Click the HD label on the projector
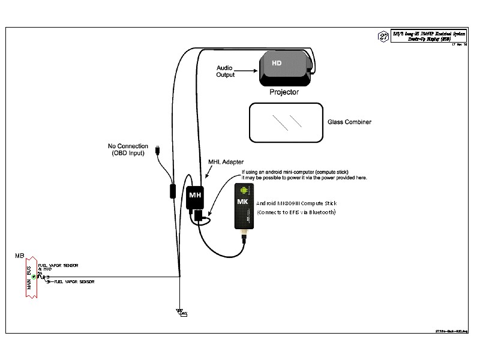[277, 63]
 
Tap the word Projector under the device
[284, 92]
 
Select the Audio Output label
[225, 71]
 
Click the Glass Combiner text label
[349, 122]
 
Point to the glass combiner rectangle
[285, 122]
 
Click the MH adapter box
[196, 196]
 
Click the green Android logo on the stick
[244, 190]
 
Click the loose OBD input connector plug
[157, 149]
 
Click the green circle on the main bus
[34, 276]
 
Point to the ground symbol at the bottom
[179, 311]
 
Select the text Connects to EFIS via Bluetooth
[296, 213]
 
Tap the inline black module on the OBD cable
[172, 192]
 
